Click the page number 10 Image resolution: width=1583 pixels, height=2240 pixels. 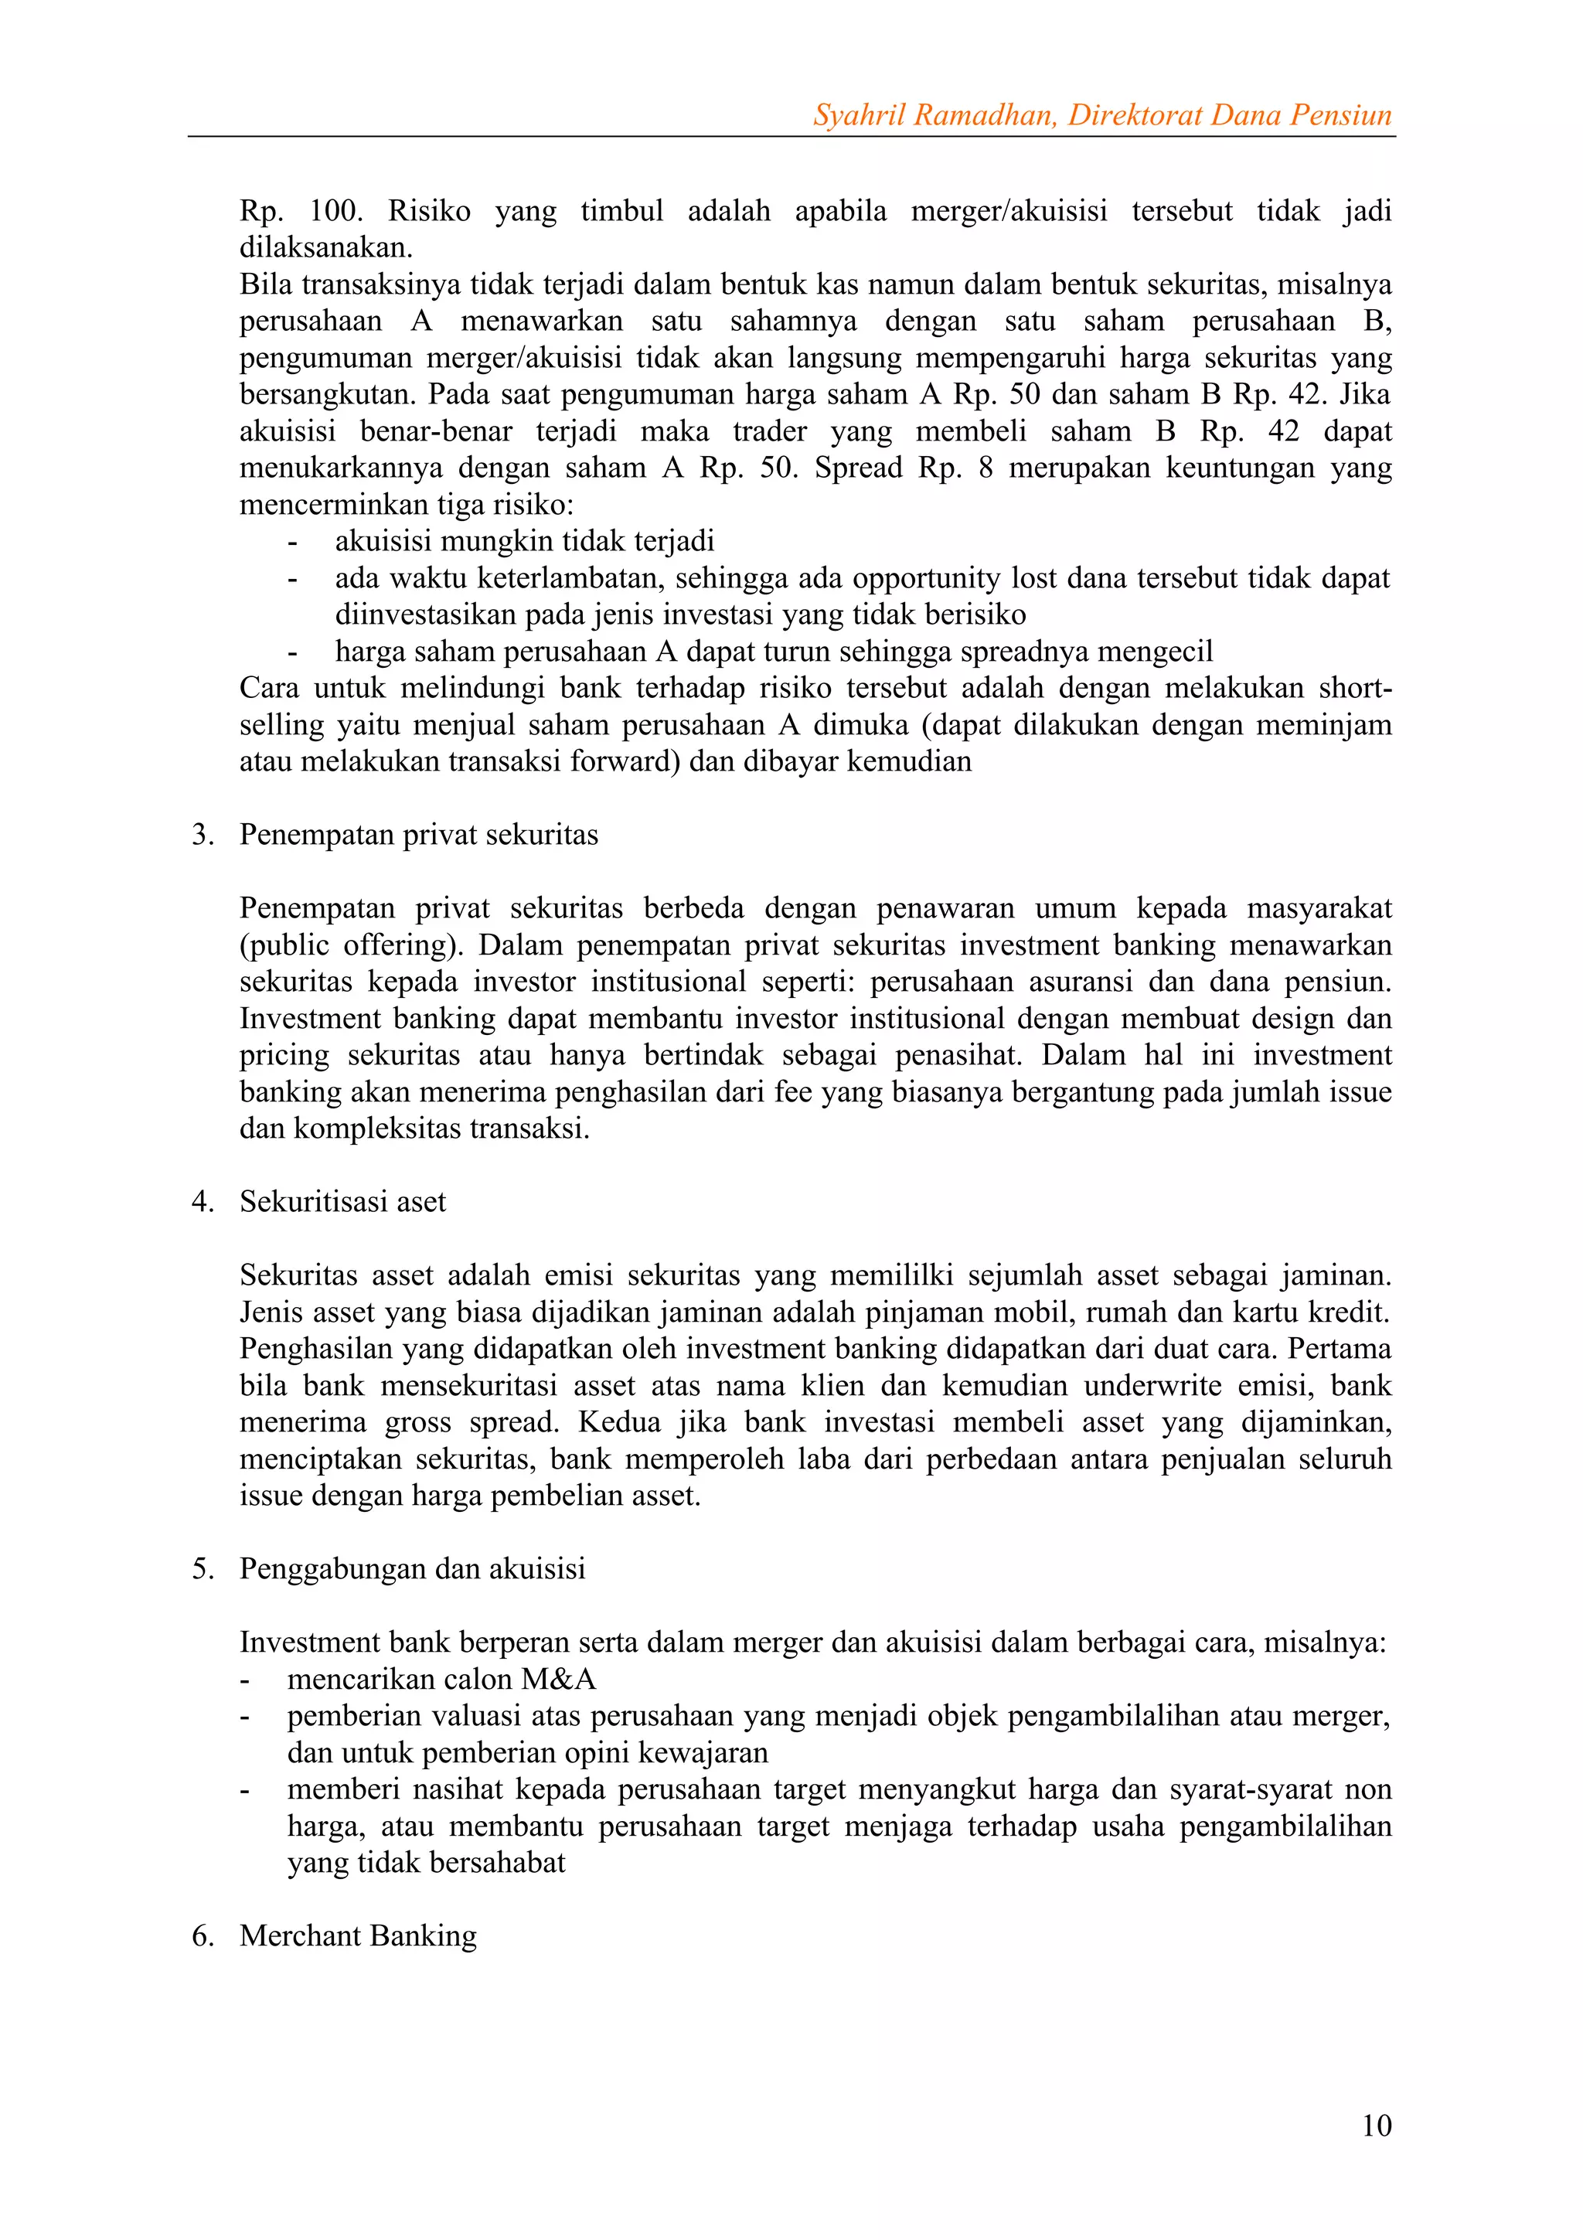pyautogui.click(x=1375, y=2125)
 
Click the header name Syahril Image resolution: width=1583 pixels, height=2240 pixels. pyautogui.click(x=856, y=115)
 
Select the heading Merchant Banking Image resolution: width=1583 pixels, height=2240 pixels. pyautogui.click(x=358, y=1935)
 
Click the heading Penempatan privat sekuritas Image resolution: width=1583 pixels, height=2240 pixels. pyautogui.click(x=418, y=835)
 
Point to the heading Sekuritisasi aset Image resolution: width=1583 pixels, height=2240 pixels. pyautogui.click(x=342, y=1202)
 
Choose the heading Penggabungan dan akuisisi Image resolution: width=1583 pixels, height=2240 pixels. pyautogui.click(x=412, y=1569)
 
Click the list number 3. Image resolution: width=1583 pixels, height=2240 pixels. pyautogui.click(x=202, y=835)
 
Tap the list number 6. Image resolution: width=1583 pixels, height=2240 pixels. pyautogui.click(x=202, y=1935)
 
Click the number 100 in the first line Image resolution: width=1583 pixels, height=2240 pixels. pyautogui.click(x=335, y=211)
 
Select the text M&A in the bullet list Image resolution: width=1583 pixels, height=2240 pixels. pyautogui.click(x=558, y=1679)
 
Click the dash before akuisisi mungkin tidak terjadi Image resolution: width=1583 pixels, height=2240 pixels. pyautogui.click(x=291, y=543)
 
